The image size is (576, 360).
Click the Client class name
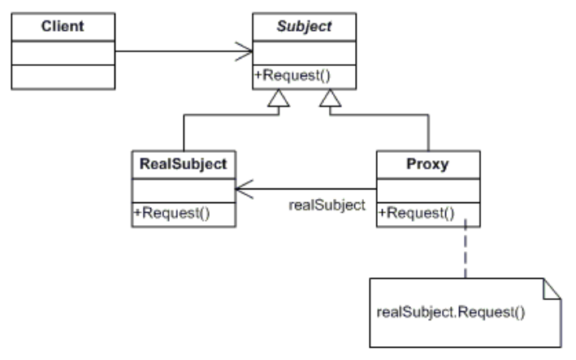click(x=63, y=27)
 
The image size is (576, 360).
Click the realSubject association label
click(x=327, y=205)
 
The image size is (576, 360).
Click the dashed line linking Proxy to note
click(x=465, y=252)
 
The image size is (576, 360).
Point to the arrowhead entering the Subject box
click(x=245, y=54)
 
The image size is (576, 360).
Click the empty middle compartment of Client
click(x=63, y=53)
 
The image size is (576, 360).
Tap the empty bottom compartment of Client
click(x=63, y=77)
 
